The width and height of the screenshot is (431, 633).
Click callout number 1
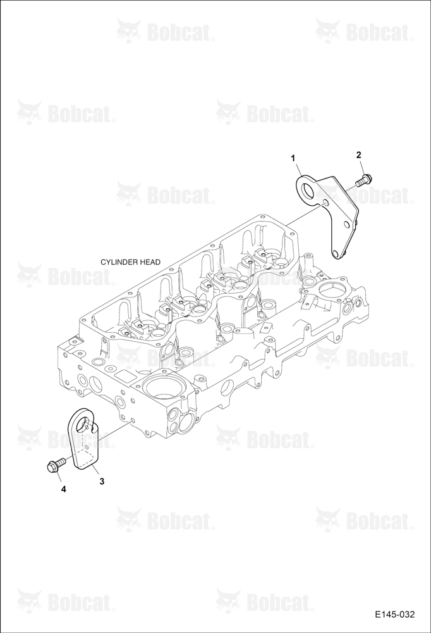point(294,158)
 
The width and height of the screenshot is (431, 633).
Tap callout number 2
point(358,154)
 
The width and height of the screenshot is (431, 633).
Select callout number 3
point(102,481)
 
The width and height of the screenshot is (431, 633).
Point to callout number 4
point(63,489)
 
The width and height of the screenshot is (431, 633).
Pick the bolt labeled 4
point(56,464)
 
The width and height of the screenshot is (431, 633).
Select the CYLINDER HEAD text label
point(130,262)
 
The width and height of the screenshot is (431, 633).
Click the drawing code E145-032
point(394,615)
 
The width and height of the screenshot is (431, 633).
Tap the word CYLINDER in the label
point(120,262)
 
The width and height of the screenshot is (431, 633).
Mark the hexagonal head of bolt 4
point(52,467)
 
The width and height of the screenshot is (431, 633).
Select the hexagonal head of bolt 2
point(368,177)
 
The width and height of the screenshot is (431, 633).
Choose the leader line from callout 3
point(96,471)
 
